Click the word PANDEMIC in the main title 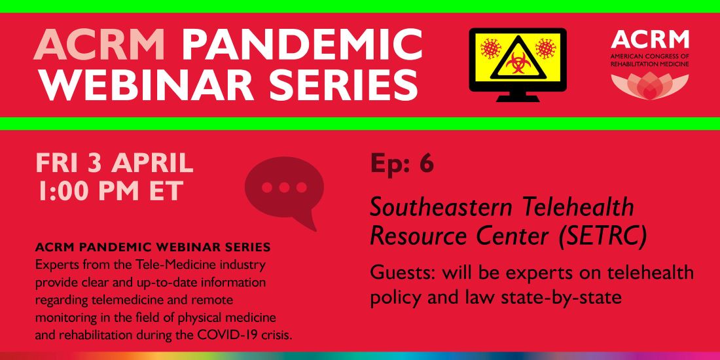click(x=302, y=45)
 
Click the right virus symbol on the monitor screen click(x=545, y=48)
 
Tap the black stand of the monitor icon click(x=518, y=96)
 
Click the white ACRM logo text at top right click(x=649, y=41)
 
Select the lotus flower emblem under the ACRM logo click(x=649, y=86)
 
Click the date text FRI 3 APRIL click(x=115, y=163)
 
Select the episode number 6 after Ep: click(x=426, y=164)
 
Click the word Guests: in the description click(x=399, y=272)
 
